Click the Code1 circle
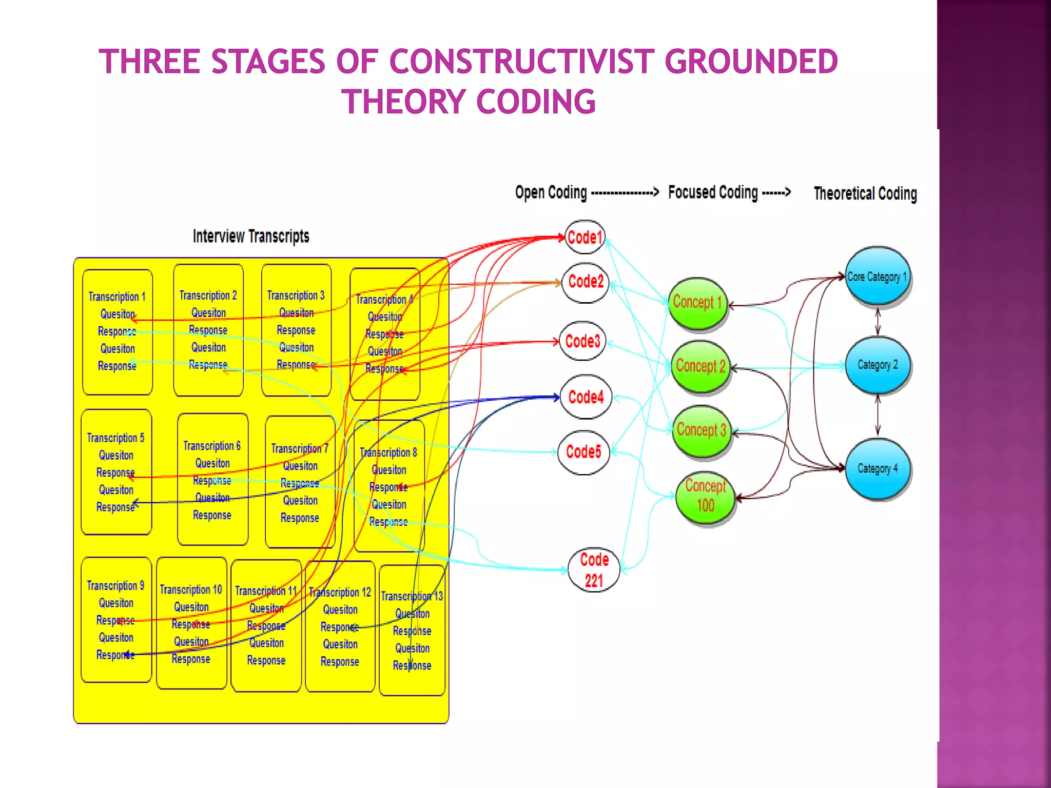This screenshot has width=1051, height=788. pyautogui.click(x=585, y=237)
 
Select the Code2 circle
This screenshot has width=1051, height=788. pyautogui.click(x=586, y=282)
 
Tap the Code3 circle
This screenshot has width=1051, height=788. pyautogui.click(x=582, y=341)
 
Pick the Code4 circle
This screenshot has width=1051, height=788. pyautogui.click(x=586, y=397)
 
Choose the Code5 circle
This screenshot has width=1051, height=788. pyautogui.click(x=583, y=452)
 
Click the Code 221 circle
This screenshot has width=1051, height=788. pyautogui.click(x=594, y=570)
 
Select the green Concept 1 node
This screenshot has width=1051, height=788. pyautogui.click(x=697, y=303)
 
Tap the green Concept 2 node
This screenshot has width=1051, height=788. pyautogui.click(x=700, y=366)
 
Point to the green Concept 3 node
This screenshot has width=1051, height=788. pyautogui.click(x=702, y=430)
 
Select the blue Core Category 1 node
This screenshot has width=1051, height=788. pyautogui.click(x=877, y=277)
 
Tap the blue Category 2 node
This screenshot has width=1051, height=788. pyautogui.click(x=878, y=365)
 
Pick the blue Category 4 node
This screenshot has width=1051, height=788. pyautogui.click(x=878, y=468)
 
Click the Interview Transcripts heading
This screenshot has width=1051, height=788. pyautogui.click(x=251, y=237)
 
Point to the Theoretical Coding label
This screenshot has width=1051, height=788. pyautogui.click(x=865, y=193)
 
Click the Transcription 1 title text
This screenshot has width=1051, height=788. pyautogui.click(x=117, y=297)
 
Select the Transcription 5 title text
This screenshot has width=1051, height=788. pyautogui.click(x=115, y=438)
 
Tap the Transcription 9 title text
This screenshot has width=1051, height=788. pyautogui.click(x=115, y=585)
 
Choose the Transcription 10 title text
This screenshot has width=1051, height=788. pyautogui.click(x=191, y=589)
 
